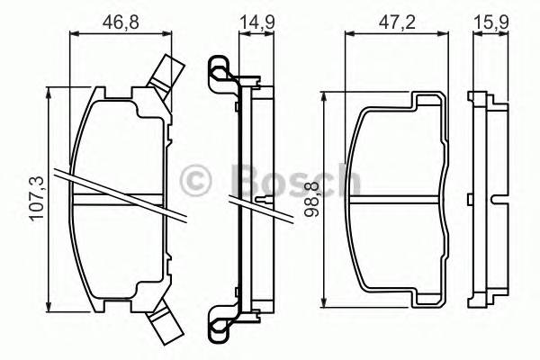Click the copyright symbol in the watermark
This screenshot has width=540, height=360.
195,179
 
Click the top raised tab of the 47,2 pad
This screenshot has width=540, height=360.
427,101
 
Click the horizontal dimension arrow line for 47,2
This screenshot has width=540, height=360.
396,33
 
